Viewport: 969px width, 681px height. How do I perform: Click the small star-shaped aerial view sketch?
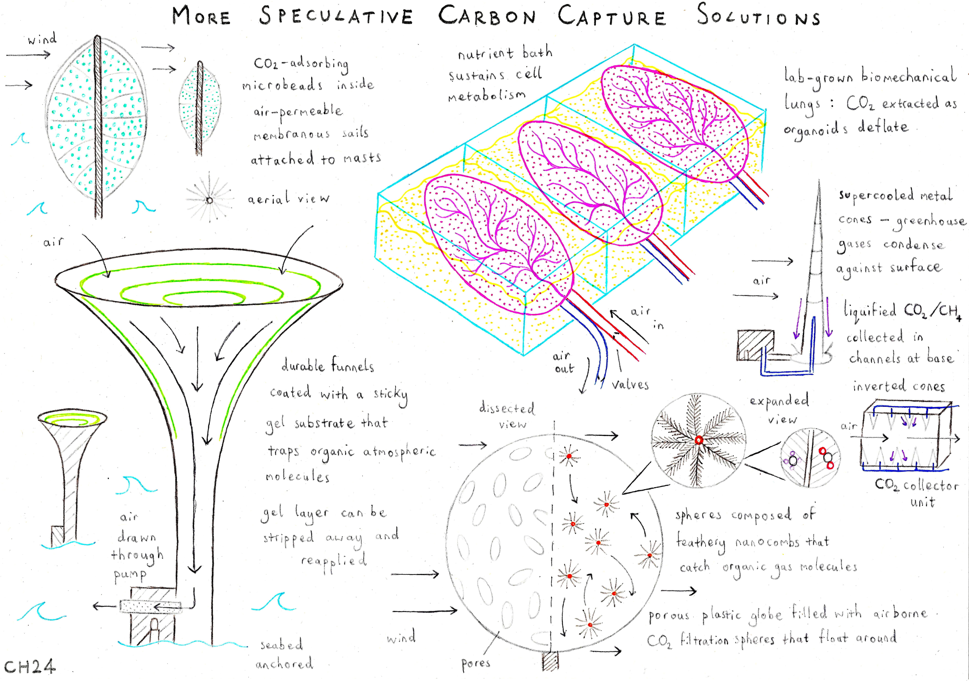209,199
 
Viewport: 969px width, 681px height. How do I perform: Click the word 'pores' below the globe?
476,663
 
